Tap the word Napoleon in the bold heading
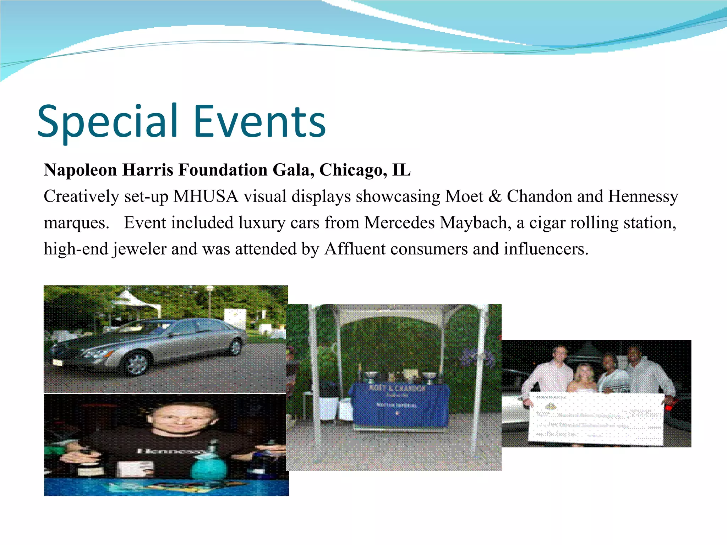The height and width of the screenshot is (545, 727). click(80, 170)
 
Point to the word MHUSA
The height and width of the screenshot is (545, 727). click(206, 196)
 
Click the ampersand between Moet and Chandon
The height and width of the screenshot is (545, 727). click(494, 196)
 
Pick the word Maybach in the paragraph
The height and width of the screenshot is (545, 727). click(475, 223)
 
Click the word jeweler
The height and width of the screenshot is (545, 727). click(140, 249)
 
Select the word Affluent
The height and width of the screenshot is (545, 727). click(355, 249)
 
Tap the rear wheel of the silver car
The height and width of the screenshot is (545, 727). click(235, 346)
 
